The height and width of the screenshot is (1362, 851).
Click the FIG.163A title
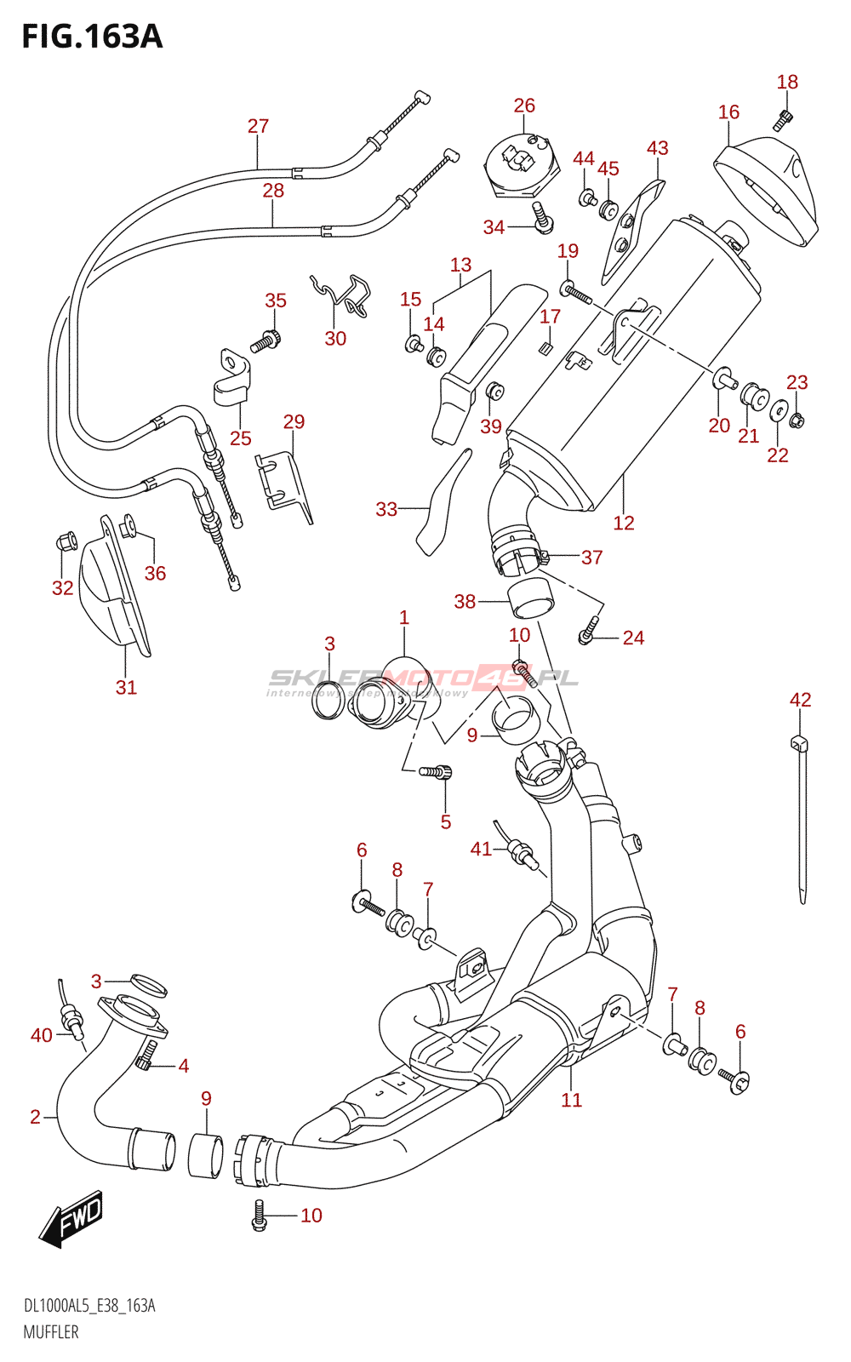point(92,37)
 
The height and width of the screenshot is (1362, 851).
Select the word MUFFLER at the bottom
point(51,1332)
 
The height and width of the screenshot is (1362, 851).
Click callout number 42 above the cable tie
point(800,700)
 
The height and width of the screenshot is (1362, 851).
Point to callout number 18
point(787,82)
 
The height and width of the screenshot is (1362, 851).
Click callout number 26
point(524,106)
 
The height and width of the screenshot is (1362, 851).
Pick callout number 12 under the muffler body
point(624,523)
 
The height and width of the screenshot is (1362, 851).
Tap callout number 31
point(126,687)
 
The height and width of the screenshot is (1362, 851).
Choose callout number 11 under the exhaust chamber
point(571,1100)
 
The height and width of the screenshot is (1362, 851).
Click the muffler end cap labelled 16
point(766,192)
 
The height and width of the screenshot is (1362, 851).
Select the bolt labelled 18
point(783,120)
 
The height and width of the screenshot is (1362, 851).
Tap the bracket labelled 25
point(232,378)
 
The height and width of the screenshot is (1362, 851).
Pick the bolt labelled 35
point(265,341)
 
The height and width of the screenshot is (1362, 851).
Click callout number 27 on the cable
point(258,126)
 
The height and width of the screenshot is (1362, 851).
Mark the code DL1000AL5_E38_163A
point(89,1306)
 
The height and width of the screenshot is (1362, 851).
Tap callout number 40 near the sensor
point(41,1035)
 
